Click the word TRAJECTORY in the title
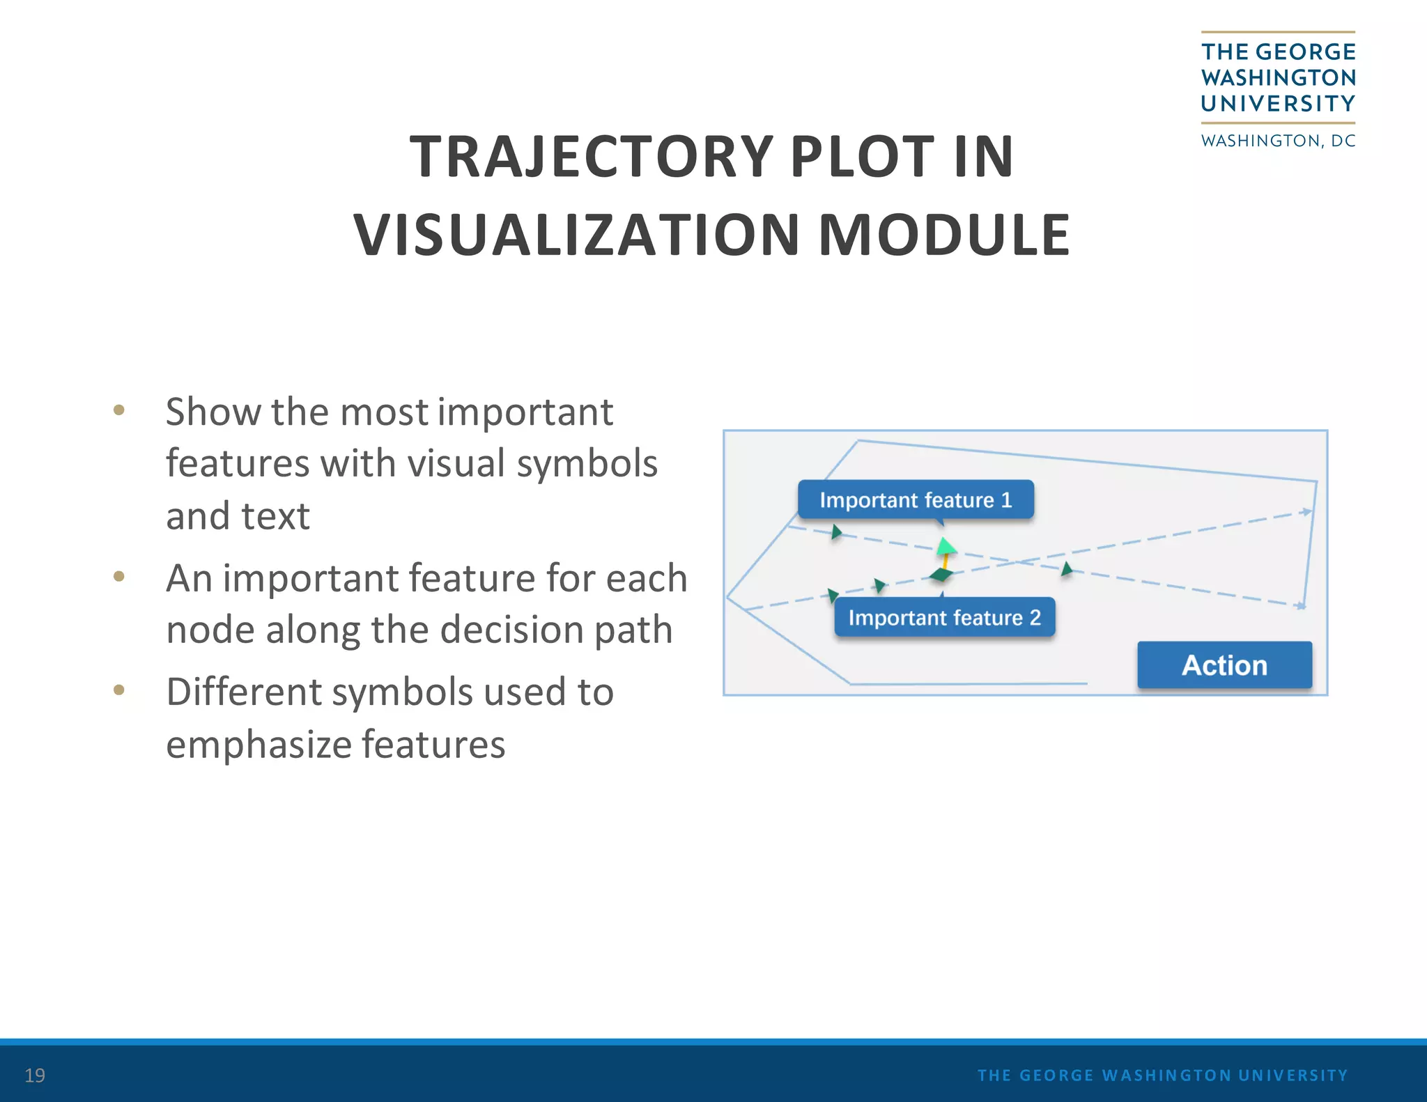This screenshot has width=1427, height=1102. pyautogui.click(x=591, y=157)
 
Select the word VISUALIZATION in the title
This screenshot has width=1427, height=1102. pyautogui.click(x=576, y=235)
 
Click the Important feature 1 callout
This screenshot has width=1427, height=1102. pyautogui.click(x=915, y=499)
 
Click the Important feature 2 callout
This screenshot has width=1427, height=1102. pyautogui.click(x=944, y=617)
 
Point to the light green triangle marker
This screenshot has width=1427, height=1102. pyautogui.click(x=946, y=545)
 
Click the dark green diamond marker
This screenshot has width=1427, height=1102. pyautogui.click(x=941, y=575)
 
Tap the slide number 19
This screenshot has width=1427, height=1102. pyautogui.click(x=35, y=1075)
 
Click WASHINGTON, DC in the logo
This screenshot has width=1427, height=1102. pyautogui.click(x=1278, y=141)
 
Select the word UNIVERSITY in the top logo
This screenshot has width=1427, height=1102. pyautogui.click(x=1278, y=104)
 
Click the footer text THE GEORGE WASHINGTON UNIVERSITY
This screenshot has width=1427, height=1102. pyautogui.click(x=1162, y=1075)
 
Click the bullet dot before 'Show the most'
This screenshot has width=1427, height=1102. pyautogui.click(x=119, y=410)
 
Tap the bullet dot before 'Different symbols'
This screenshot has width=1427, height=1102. pyautogui.click(x=119, y=690)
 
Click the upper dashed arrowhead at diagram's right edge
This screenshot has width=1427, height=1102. pyautogui.click(x=1306, y=512)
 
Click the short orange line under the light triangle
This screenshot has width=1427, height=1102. pyautogui.click(x=946, y=560)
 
